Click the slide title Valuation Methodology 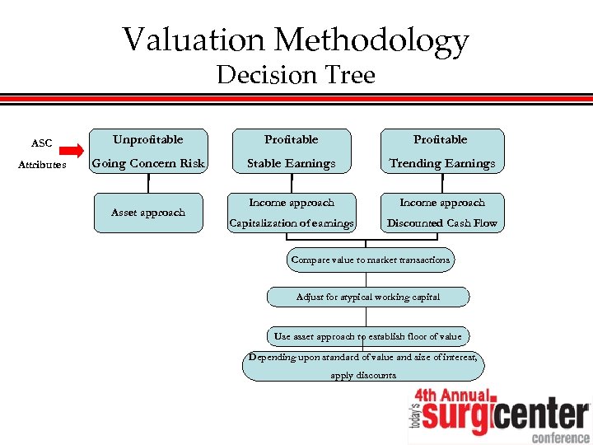[296, 39]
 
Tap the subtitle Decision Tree [296, 76]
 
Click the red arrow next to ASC [72, 151]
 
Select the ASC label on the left [42, 143]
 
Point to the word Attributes [42, 165]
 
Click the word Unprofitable [148, 139]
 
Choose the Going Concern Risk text [148, 163]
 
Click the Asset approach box [148, 213]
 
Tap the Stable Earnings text [292, 163]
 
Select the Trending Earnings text [442, 163]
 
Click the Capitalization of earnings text [292, 223]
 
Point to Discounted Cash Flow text [442, 223]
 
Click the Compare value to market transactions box [370, 260]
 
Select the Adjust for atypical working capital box [368, 297]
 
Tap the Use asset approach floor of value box [368, 336]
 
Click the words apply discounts [363, 376]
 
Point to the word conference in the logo [560, 437]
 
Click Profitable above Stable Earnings [292, 139]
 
